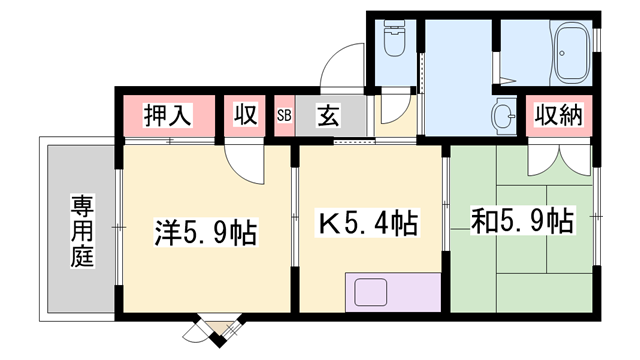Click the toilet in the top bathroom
tap(394, 40)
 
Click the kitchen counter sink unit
tap(392, 291)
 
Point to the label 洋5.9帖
tap(206, 232)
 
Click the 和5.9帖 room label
tap(521, 220)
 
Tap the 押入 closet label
tap(167, 114)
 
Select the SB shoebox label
tap(283, 115)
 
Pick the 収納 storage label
tap(557, 114)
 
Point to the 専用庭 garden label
tap(81, 231)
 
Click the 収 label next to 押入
tap(244, 114)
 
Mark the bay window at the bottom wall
tap(217, 330)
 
